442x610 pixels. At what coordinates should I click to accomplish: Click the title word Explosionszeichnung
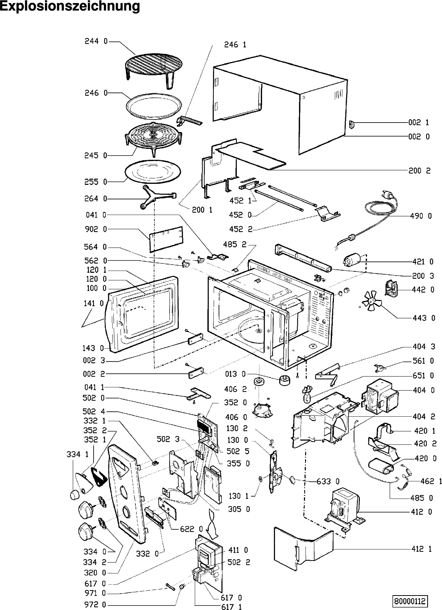tap(70, 7)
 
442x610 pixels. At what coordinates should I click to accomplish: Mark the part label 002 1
tap(419, 123)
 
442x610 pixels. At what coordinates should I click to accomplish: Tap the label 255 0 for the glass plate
tap(96, 182)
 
